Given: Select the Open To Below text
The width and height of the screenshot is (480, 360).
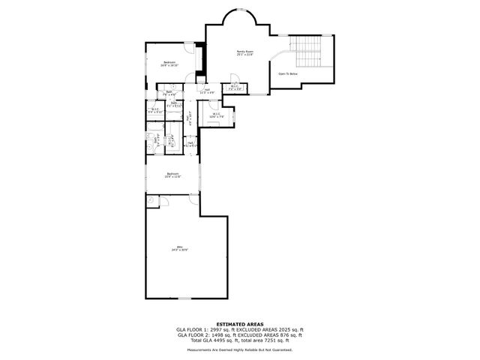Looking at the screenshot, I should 287,74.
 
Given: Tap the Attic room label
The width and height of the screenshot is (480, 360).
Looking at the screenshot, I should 179,248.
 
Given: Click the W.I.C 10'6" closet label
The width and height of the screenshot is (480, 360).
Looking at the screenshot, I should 216,116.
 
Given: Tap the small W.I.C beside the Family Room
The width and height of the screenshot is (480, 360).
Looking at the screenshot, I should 235,87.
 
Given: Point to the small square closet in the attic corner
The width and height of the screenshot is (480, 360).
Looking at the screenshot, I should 151,199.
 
